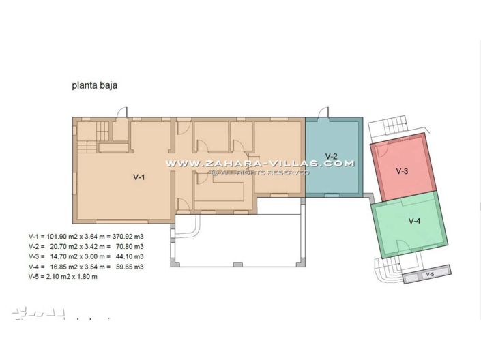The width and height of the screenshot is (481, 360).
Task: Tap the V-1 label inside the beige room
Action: coord(139,177)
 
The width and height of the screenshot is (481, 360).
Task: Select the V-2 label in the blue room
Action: coord(332,156)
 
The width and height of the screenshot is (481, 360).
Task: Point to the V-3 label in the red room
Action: coord(402,171)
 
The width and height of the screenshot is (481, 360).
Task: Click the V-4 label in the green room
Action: coord(414,221)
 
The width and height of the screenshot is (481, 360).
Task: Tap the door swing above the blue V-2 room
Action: coord(324,112)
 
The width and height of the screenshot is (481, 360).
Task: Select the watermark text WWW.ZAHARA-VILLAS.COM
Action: coord(260,164)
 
